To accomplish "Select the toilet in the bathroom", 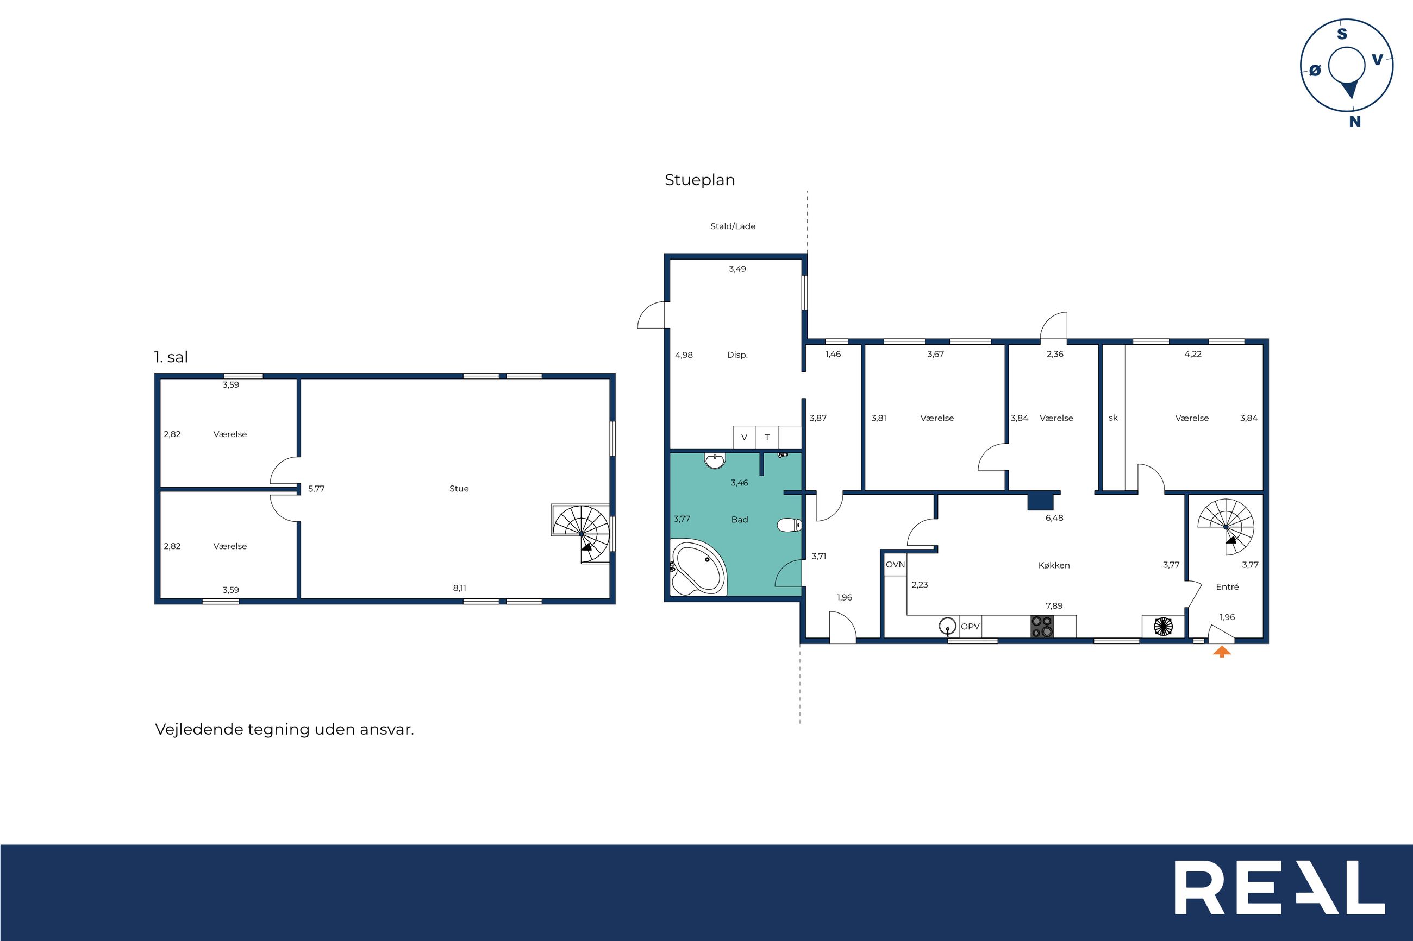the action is [789, 526].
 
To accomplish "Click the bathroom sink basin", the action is [715, 460].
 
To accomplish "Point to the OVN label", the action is [896, 565].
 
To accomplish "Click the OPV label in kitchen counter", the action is [970, 627].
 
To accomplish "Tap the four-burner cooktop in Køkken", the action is [1042, 627].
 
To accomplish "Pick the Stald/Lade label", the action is [733, 226].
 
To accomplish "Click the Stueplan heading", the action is [699, 180].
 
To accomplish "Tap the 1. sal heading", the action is [171, 357].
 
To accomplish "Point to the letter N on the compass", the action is [1355, 121].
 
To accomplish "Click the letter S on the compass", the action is [1342, 34].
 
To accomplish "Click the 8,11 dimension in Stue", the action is [459, 588].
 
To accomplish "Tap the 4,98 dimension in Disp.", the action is [684, 355].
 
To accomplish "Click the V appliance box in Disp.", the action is [745, 437].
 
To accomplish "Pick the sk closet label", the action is [1114, 418].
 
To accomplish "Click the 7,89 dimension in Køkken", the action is [1054, 605].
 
